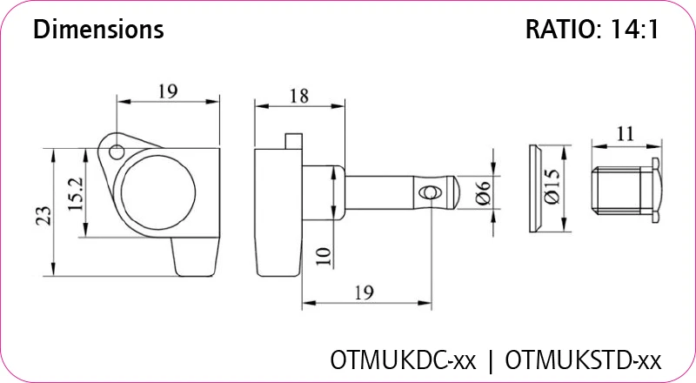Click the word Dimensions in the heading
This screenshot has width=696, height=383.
click(97, 30)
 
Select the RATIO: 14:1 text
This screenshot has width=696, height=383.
click(592, 30)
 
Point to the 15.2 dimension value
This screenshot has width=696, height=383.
click(74, 195)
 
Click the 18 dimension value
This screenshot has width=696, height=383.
click(298, 97)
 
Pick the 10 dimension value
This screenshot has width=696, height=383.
click(323, 255)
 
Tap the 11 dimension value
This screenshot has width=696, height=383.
click(625, 134)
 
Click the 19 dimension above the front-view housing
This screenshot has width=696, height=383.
click(168, 91)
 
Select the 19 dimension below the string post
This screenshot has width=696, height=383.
click(366, 292)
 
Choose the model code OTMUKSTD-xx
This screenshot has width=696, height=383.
click(583, 359)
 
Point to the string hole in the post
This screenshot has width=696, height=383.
click(428, 191)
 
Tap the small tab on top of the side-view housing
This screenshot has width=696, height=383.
click(292, 139)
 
